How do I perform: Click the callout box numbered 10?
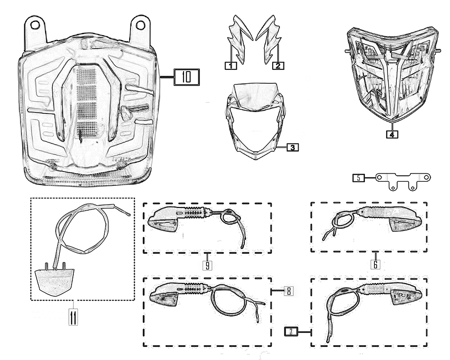coord(186,77)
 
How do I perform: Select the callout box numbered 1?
coord(230,66)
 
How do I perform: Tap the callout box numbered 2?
coord(278,66)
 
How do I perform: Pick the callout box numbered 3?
coord(292,147)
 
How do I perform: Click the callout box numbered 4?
coord(391,134)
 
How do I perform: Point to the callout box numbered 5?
coord(358,178)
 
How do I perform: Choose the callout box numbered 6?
coord(375,264)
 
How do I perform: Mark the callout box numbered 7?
coord(291,332)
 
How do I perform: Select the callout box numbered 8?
coord(288,291)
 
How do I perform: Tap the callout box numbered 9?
coord(207,265)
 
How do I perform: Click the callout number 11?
coord(72,317)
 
